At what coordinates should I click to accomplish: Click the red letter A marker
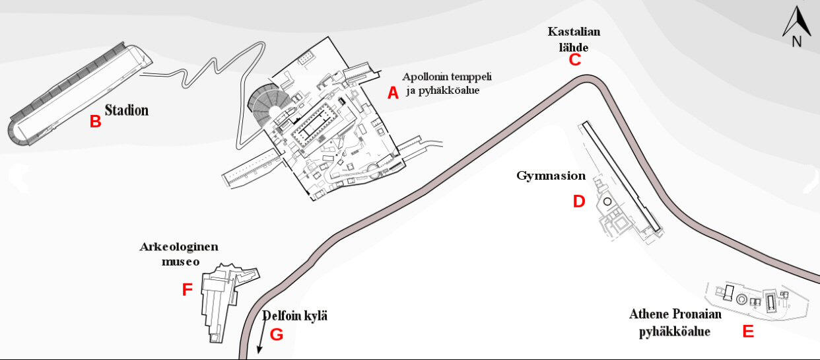point(393,93)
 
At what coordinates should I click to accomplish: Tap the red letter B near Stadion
point(95,122)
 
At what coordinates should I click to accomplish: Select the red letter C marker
point(574,59)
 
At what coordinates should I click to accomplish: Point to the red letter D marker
point(578,201)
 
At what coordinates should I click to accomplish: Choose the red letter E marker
point(748,332)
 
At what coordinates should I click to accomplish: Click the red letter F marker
point(187,290)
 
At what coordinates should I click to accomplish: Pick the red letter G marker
point(277,334)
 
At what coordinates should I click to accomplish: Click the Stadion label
point(126,110)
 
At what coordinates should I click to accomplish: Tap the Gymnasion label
point(551,176)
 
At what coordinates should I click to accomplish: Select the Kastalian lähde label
point(574,39)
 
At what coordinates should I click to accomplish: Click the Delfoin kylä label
point(295,316)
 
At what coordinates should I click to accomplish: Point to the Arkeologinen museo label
point(178,254)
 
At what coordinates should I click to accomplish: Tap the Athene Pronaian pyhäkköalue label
point(675,322)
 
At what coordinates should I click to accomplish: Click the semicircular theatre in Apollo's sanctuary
point(264,106)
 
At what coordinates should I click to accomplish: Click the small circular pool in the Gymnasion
point(606,201)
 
